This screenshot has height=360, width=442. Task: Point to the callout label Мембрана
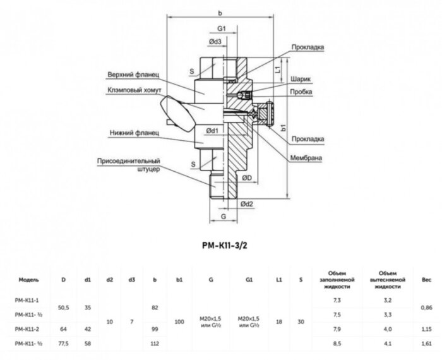[x=305, y=157]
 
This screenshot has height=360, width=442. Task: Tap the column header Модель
[x=29, y=278]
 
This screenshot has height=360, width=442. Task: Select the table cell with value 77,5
[x=63, y=342]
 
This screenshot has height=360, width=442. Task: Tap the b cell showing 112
[x=154, y=342]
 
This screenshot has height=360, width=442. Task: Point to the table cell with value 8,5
[x=337, y=342]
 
